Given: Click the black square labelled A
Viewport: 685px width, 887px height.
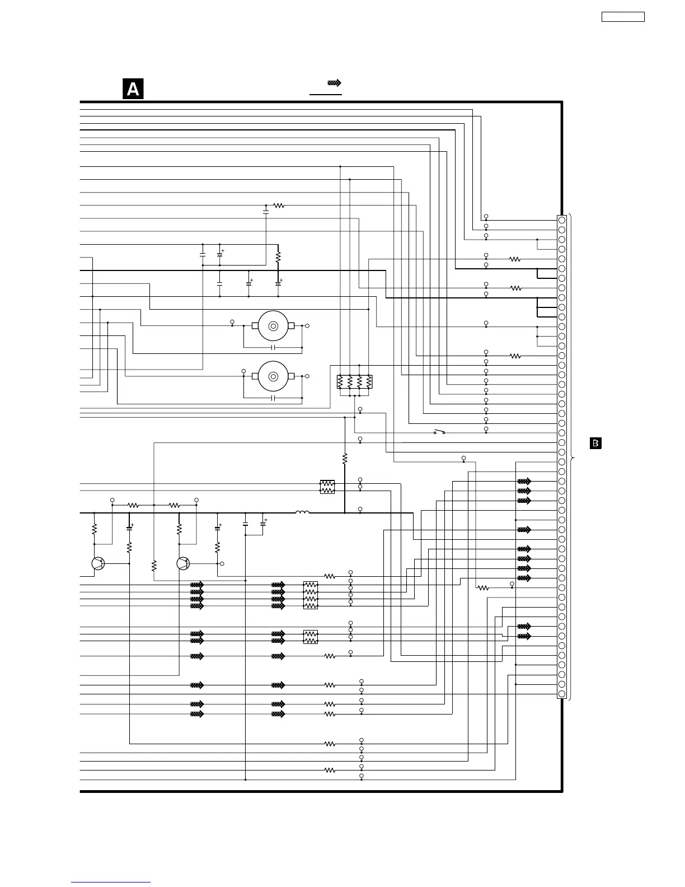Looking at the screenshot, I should click(x=133, y=90).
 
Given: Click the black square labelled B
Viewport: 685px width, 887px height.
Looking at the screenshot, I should click(x=596, y=444).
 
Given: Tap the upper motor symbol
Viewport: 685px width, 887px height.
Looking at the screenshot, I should click(x=273, y=326).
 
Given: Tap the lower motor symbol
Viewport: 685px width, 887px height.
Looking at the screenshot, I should click(x=273, y=376).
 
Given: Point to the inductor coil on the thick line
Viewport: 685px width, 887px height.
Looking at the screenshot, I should click(x=302, y=512).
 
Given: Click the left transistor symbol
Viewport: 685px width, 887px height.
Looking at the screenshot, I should click(x=98, y=563).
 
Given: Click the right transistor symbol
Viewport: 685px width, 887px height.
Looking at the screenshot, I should click(x=183, y=563).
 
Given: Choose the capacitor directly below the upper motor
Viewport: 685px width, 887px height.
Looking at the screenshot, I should click(x=273, y=348).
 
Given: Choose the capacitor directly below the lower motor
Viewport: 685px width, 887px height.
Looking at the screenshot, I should click(x=273, y=398).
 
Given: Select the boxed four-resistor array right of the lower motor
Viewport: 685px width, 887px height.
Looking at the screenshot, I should click(x=355, y=381).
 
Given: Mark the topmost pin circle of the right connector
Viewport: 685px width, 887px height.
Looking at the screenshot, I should click(x=561, y=220).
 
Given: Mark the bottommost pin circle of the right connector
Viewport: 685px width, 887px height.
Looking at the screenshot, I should click(x=561, y=694).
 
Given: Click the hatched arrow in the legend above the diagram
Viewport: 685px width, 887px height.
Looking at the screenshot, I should click(x=335, y=83).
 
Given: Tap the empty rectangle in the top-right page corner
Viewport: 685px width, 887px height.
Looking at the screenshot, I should click(x=623, y=17).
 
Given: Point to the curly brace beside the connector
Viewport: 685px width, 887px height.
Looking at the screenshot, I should click(x=571, y=457).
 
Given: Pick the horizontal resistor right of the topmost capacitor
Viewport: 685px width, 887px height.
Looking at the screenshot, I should click(x=279, y=206).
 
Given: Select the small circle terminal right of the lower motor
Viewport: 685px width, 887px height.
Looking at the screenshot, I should click(x=307, y=376).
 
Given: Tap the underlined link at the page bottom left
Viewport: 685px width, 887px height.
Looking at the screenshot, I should click(x=111, y=883).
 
